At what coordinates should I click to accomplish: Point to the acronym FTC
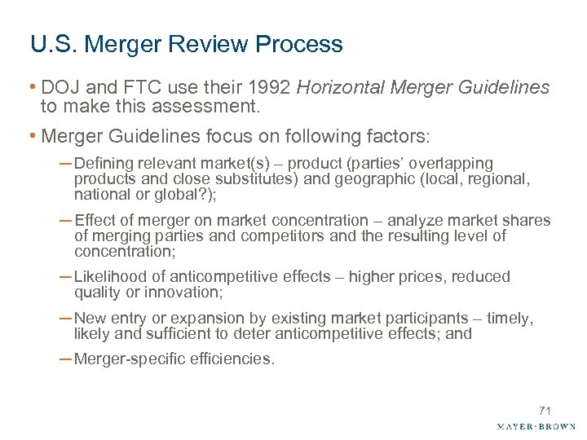[x=130, y=87]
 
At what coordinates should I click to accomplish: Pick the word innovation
[x=186, y=293]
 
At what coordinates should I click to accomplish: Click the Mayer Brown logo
[x=536, y=426]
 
